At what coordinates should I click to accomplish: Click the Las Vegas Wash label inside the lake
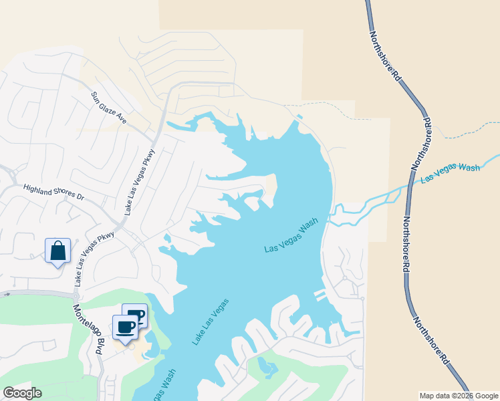click(291, 238)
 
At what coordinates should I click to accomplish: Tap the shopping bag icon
click(58, 251)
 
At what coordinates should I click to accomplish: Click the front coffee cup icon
click(126, 327)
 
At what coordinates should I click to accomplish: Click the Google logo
click(22, 393)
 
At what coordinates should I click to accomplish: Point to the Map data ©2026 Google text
click(459, 396)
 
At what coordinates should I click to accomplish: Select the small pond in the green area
click(268, 366)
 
